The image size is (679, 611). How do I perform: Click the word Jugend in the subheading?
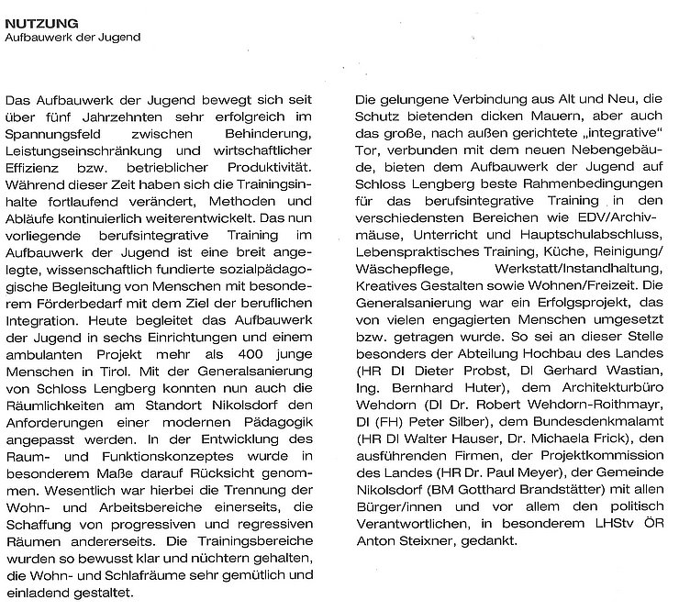(119, 38)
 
